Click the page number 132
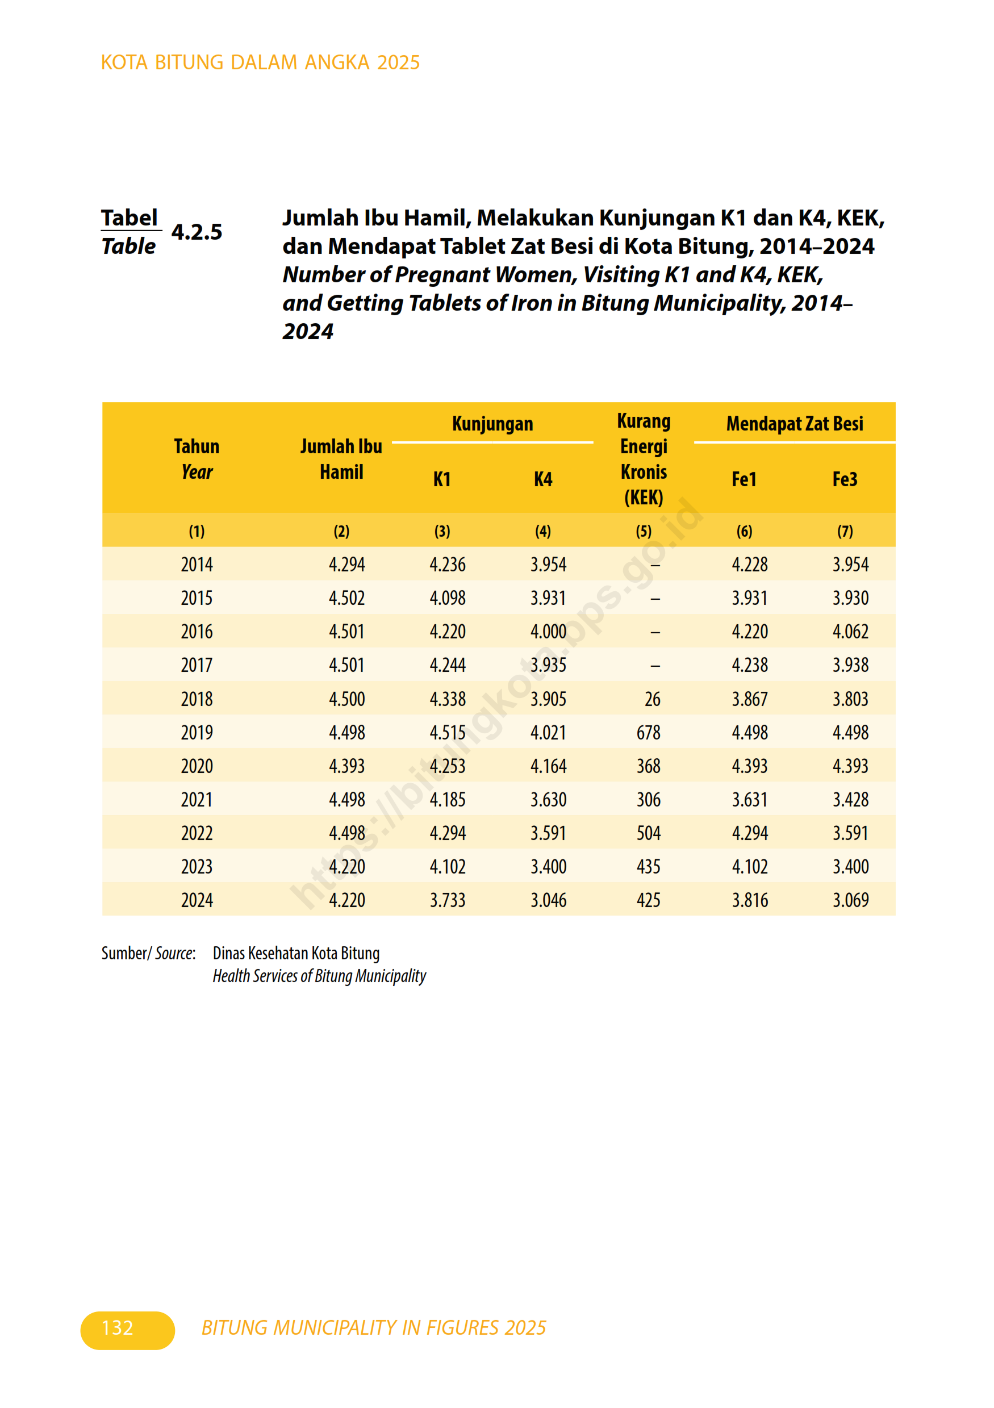[118, 1328]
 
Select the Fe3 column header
[845, 479]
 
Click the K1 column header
[441, 479]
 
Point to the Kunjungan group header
[492, 424]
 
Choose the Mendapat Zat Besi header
[794, 424]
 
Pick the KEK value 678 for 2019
[648, 732]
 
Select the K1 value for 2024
[447, 900]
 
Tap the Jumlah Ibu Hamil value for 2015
[346, 598]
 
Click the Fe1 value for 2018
[749, 699]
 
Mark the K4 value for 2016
[548, 632]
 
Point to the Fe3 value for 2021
[850, 800]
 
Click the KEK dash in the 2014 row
[655, 565]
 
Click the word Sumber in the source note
[124, 953]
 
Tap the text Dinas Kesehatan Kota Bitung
[296, 953]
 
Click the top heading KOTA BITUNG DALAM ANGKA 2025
[260, 62]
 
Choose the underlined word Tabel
[130, 218]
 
